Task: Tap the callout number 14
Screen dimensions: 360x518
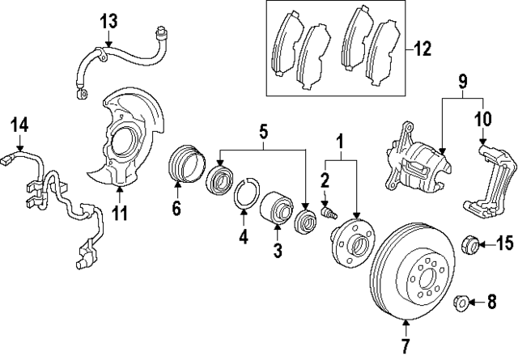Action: (x=19, y=125)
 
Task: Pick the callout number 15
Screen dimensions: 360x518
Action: (x=505, y=243)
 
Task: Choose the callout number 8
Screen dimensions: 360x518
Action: (x=490, y=304)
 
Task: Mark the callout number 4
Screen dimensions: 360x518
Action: (x=241, y=237)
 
